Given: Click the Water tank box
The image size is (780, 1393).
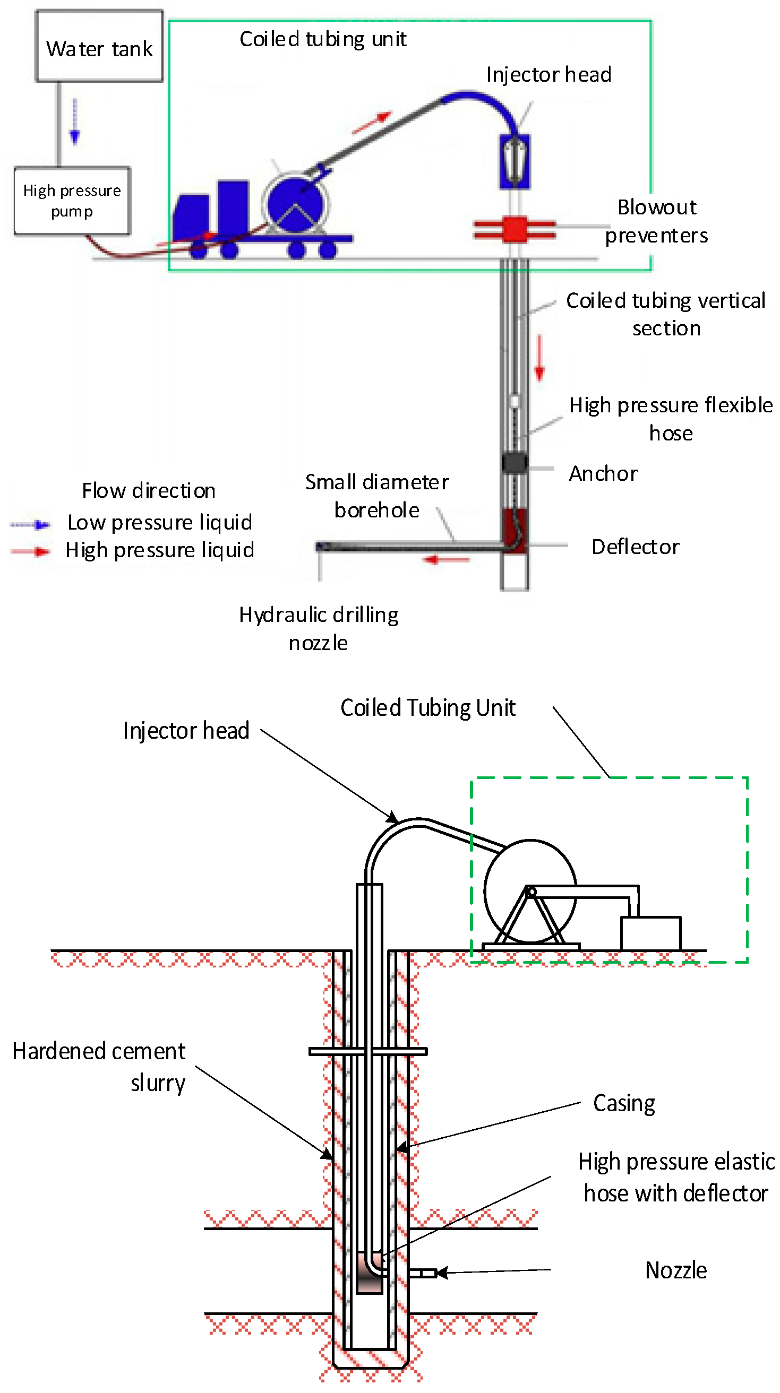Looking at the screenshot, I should [99, 47].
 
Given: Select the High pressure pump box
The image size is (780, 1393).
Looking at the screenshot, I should [72, 201].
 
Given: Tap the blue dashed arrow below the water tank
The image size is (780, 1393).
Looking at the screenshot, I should [75, 122].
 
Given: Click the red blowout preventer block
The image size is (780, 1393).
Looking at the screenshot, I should [515, 229].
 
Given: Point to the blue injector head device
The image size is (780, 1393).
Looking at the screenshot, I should [515, 161].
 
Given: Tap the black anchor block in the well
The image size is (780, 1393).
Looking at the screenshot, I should [514, 462].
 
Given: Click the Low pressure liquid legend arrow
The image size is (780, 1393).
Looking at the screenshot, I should [31, 524].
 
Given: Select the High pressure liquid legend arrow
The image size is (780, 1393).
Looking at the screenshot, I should [31, 551].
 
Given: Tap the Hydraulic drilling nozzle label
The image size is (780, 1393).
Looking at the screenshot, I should [319, 629].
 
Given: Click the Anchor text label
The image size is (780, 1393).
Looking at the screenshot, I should [603, 474].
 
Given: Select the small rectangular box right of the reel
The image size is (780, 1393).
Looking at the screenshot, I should [650, 933].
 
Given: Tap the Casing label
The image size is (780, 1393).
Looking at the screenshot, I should [624, 1103].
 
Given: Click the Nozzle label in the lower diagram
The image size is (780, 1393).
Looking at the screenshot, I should [675, 1270].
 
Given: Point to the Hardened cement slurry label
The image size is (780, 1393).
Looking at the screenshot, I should [99, 1067].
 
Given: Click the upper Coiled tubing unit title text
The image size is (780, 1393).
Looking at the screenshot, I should [322, 39].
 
